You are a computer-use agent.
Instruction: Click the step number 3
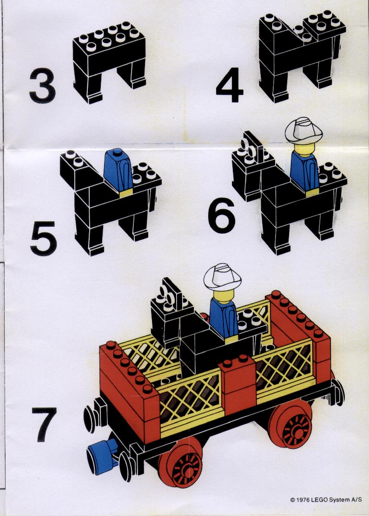click(42, 86)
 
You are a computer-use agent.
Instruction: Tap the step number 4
click(230, 85)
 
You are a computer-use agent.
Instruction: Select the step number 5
click(44, 238)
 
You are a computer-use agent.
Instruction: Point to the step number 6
click(222, 216)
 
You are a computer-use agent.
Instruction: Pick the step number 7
click(44, 425)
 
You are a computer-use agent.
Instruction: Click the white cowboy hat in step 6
click(303, 130)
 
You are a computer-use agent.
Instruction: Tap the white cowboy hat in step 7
click(222, 277)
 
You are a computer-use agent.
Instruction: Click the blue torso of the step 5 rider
click(118, 170)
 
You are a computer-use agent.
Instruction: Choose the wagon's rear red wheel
click(291, 425)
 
